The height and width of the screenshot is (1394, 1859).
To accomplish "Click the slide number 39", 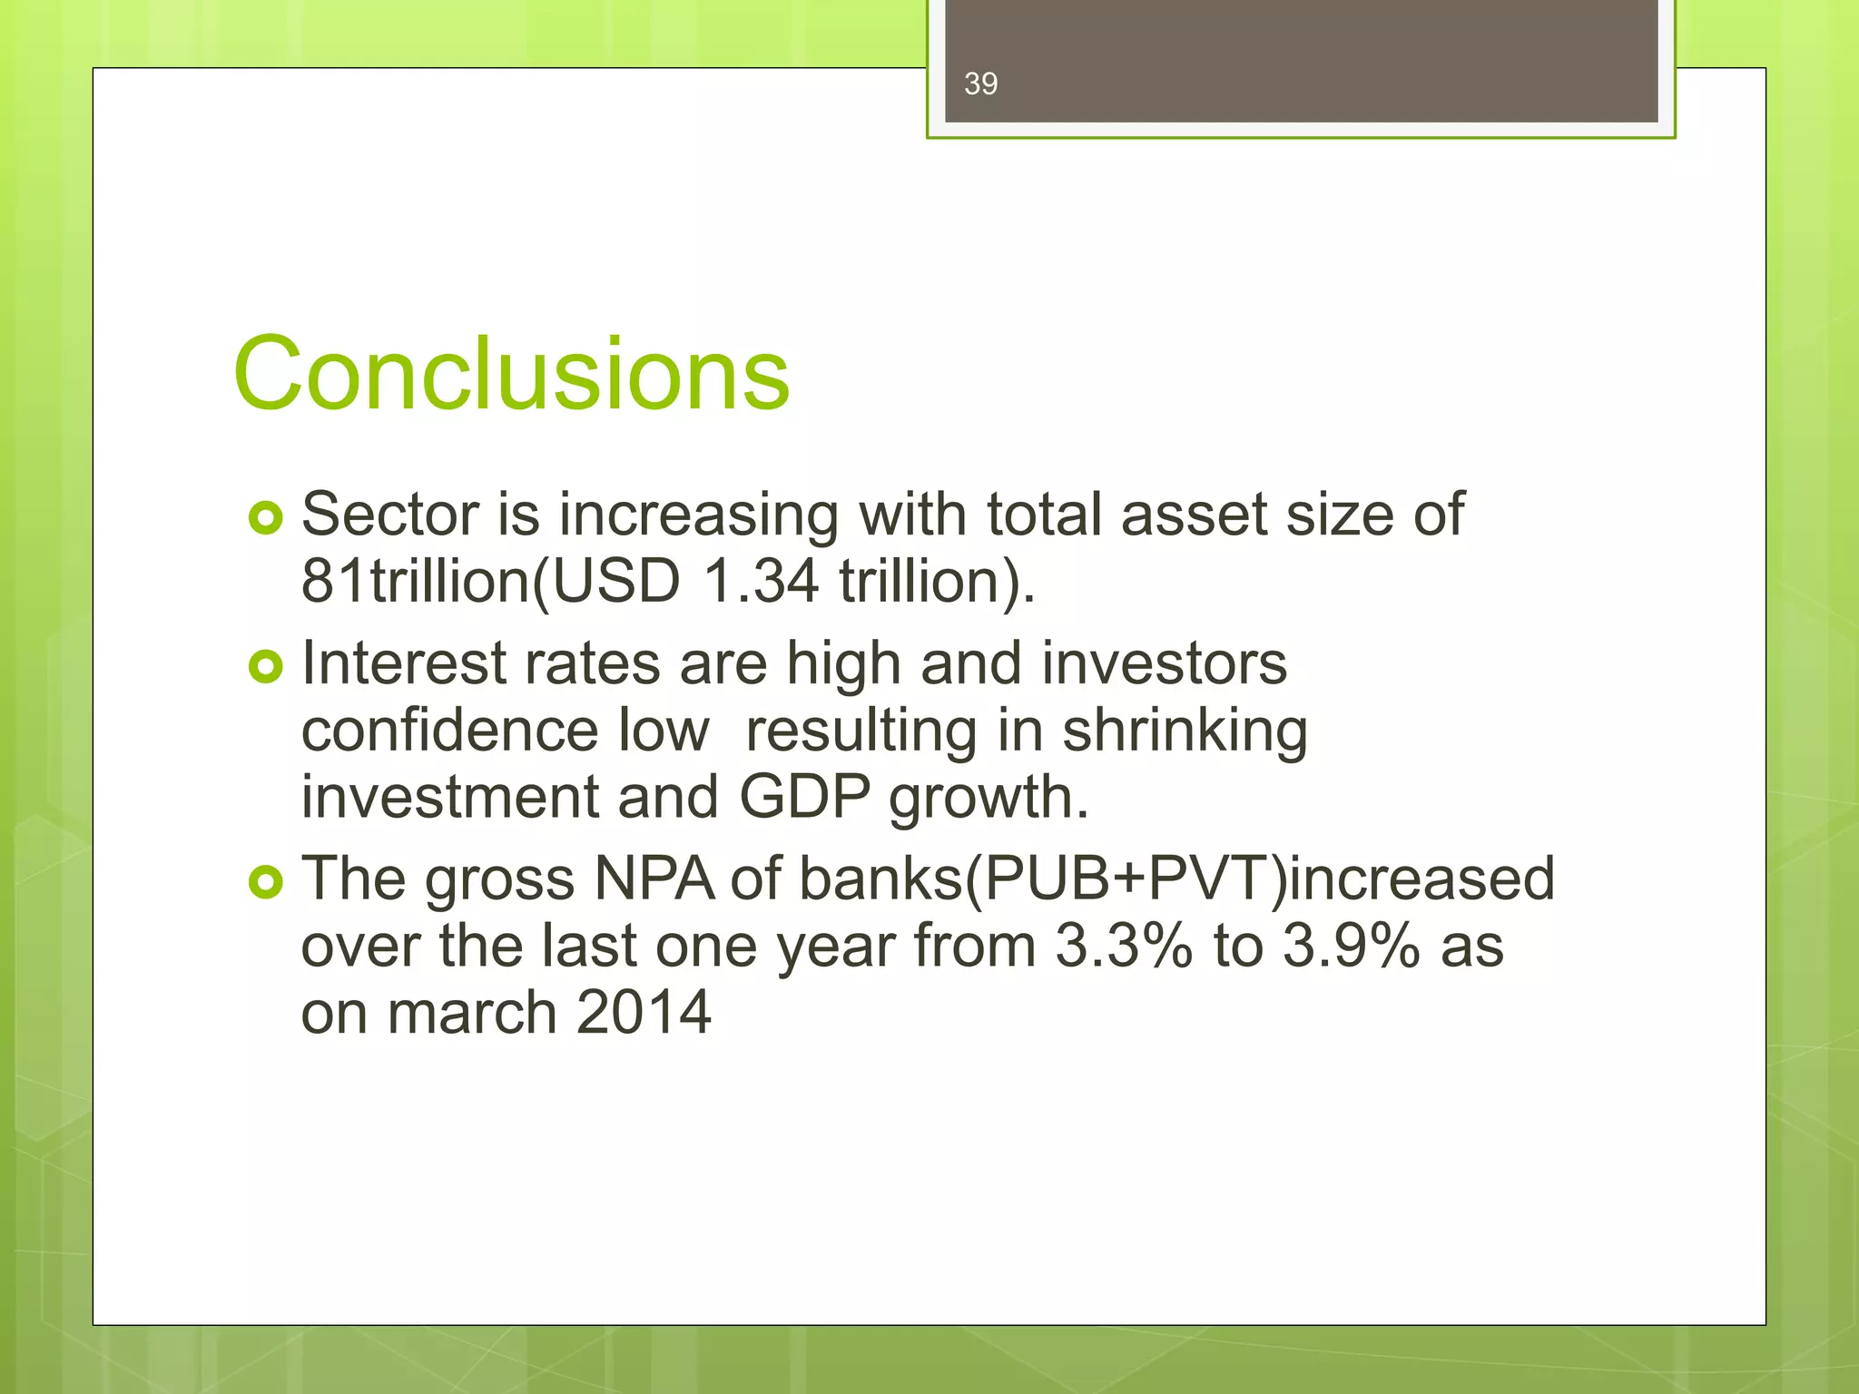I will click(x=980, y=83).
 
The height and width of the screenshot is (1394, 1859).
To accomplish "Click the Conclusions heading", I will click(x=511, y=373).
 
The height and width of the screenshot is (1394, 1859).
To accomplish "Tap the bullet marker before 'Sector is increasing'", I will click(x=265, y=518).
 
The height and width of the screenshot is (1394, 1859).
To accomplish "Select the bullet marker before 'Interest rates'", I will click(x=265, y=667).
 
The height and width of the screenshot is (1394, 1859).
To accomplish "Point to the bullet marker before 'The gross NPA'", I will click(x=265, y=881).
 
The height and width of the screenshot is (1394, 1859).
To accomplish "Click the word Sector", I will click(x=389, y=515).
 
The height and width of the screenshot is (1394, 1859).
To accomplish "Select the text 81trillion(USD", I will click(x=490, y=581).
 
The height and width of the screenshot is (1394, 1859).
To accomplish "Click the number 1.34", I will click(x=761, y=581).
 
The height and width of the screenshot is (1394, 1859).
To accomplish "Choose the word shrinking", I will click(x=1185, y=731).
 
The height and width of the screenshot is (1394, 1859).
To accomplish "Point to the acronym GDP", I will click(x=804, y=797).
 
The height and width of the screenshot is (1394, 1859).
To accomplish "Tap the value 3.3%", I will click(x=1123, y=946).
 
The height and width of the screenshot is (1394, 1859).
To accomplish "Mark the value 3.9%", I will click(x=1351, y=946).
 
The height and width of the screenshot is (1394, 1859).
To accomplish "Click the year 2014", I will click(x=643, y=1012).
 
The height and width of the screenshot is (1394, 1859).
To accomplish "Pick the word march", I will click(x=471, y=1012).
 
